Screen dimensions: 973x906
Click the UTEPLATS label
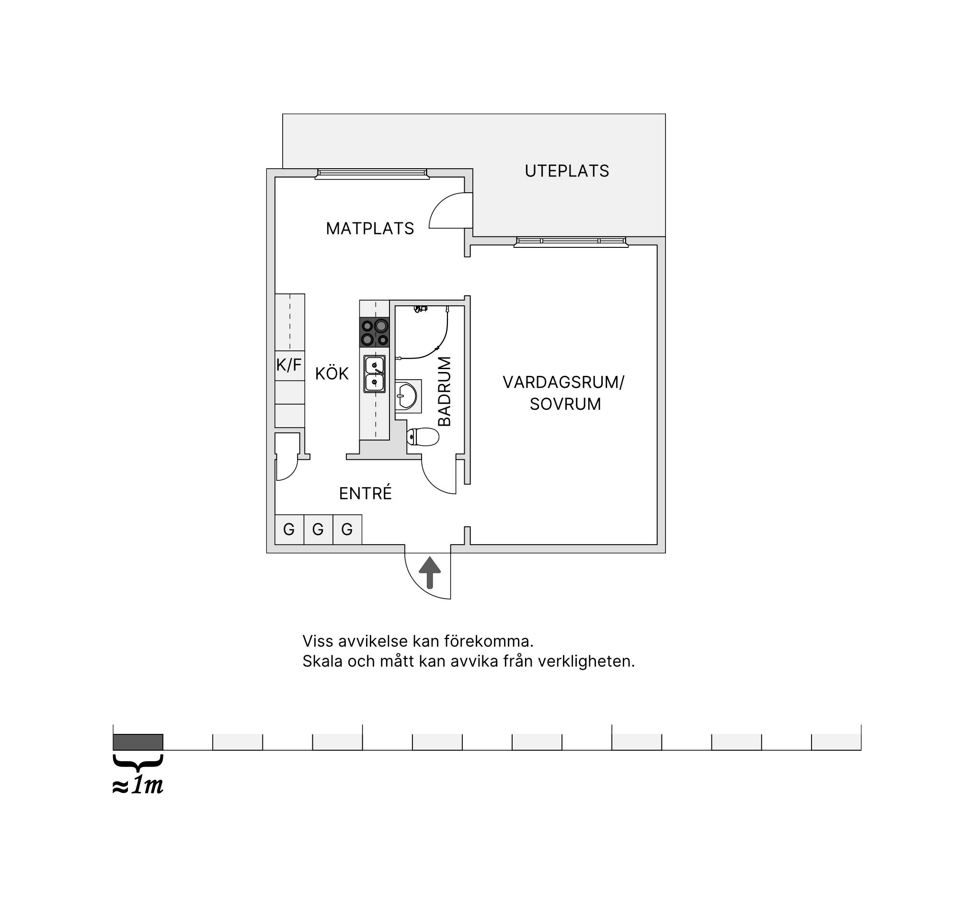click(x=567, y=171)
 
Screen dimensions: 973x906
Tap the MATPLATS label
click(x=370, y=229)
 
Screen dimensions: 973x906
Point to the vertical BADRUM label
click(x=445, y=391)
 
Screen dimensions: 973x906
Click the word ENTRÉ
click(x=366, y=493)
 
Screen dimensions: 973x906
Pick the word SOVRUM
click(x=565, y=404)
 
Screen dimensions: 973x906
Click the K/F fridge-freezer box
click(x=290, y=365)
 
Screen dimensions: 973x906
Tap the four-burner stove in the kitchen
click(x=375, y=333)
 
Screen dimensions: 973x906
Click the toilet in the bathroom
click(x=423, y=437)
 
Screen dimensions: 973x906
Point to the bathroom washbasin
click(x=408, y=396)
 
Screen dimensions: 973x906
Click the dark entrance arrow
click(x=430, y=572)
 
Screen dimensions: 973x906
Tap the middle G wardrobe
click(x=318, y=529)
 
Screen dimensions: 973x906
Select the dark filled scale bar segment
click(x=138, y=742)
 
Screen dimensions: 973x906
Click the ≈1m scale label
click(x=137, y=786)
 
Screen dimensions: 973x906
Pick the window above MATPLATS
click(x=372, y=174)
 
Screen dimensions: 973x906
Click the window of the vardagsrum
click(x=571, y=242)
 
